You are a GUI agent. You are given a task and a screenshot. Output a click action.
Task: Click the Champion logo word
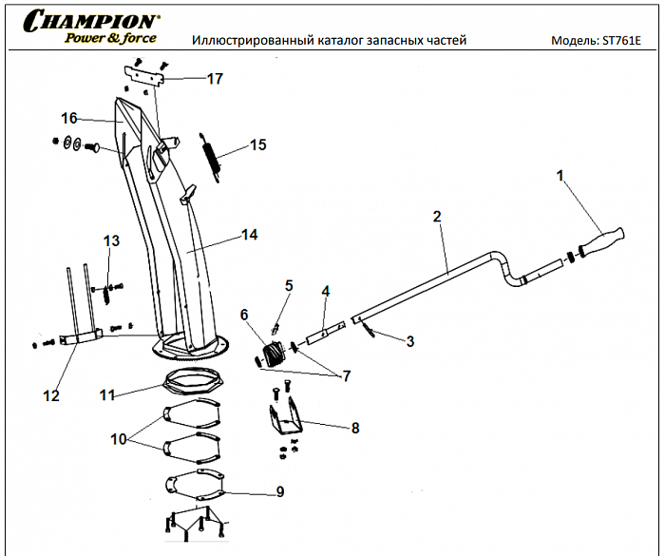pyautogui.click(x=92, y=20)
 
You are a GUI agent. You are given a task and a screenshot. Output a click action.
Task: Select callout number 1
pyautogui.click(x=560, y=175)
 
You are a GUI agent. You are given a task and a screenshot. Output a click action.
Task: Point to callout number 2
pyautogui.click(x=437, y=217)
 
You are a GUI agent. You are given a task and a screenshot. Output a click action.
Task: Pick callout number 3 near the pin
pyautogui.click(x=410, y=339)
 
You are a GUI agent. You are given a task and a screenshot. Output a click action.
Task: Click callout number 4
pyautogui.click(x=325, y=291)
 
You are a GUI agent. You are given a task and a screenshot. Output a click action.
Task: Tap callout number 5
pyautogui.click(x=289, y=285)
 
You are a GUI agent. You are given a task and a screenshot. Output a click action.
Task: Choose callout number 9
pyautogui.click(x=279, y=491)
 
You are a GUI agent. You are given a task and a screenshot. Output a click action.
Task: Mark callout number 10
pyautogui.click(x=118, y=440)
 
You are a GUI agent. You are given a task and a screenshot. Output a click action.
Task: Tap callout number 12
pyautogui.click(x=52, y=395)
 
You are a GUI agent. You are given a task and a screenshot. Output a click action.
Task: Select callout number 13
pyautogui.click(x=112, y=241)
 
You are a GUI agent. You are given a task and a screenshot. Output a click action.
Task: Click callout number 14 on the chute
pyautogui.click(x=250, y=234)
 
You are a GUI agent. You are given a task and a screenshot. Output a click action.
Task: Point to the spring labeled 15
pyautogui.click(x=211, y=155)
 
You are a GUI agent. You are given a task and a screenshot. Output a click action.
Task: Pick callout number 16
pyautogui.click(x=68, y=119)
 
